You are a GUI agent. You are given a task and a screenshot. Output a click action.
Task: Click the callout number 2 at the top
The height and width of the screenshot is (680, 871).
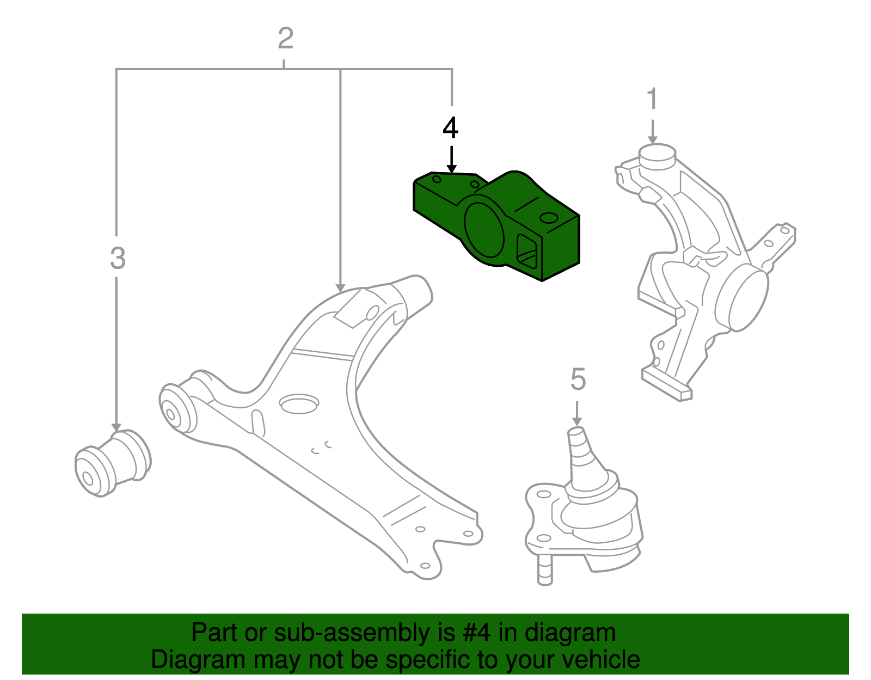pos(285,39)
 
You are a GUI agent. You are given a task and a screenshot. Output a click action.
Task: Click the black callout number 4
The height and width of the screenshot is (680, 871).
pos(450,129)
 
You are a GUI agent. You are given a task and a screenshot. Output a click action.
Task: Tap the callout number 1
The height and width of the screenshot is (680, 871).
pos(652,100)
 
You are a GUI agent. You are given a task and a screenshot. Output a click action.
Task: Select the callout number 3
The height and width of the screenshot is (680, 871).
pos(118,259)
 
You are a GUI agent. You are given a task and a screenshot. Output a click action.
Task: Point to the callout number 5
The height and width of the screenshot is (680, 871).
pos(578,379)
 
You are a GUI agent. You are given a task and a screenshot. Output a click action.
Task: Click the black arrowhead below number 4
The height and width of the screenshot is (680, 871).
pos(451,168)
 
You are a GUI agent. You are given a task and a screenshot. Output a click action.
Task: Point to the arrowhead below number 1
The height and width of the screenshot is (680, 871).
pos(652,140)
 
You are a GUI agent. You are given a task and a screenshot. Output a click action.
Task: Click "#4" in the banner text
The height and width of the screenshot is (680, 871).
pos(477,633)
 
